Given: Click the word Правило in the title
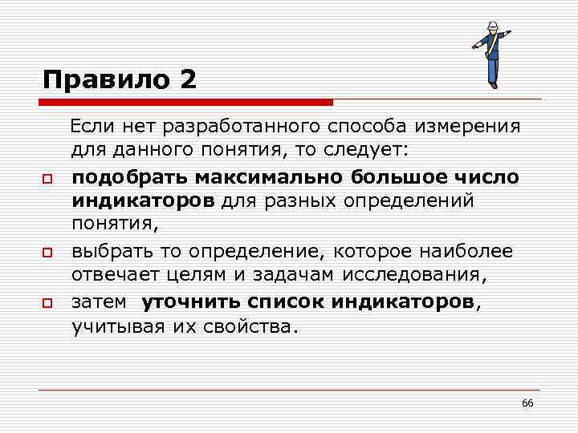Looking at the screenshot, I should tap(108, 80).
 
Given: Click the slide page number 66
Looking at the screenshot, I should tap(527, 403).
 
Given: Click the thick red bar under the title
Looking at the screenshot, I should tap(188, 103).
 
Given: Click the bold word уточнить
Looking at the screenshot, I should tap(192, 302).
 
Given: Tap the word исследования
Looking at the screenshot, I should tap(417, 277).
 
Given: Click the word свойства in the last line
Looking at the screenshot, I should tap(253, 327).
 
